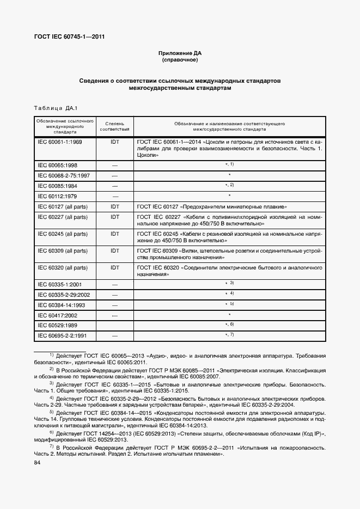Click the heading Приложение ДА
pos(179,53)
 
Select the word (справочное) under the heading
pos(179,60)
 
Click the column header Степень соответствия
pos(115,127)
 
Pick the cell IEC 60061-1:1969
pos(59,142)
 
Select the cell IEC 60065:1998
pos(57,164)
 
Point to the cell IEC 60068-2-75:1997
pos(63,175)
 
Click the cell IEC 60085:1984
pos(57,186)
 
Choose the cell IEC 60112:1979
pos(57,196)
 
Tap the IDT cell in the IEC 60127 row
pos(115,207)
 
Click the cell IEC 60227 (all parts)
pos(62,217)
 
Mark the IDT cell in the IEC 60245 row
pos(115,233)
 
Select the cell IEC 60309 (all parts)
pos(62,250)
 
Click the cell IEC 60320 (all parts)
pos(62,268)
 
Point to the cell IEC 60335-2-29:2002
pos(63,295)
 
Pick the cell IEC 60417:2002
pos(57,315)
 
